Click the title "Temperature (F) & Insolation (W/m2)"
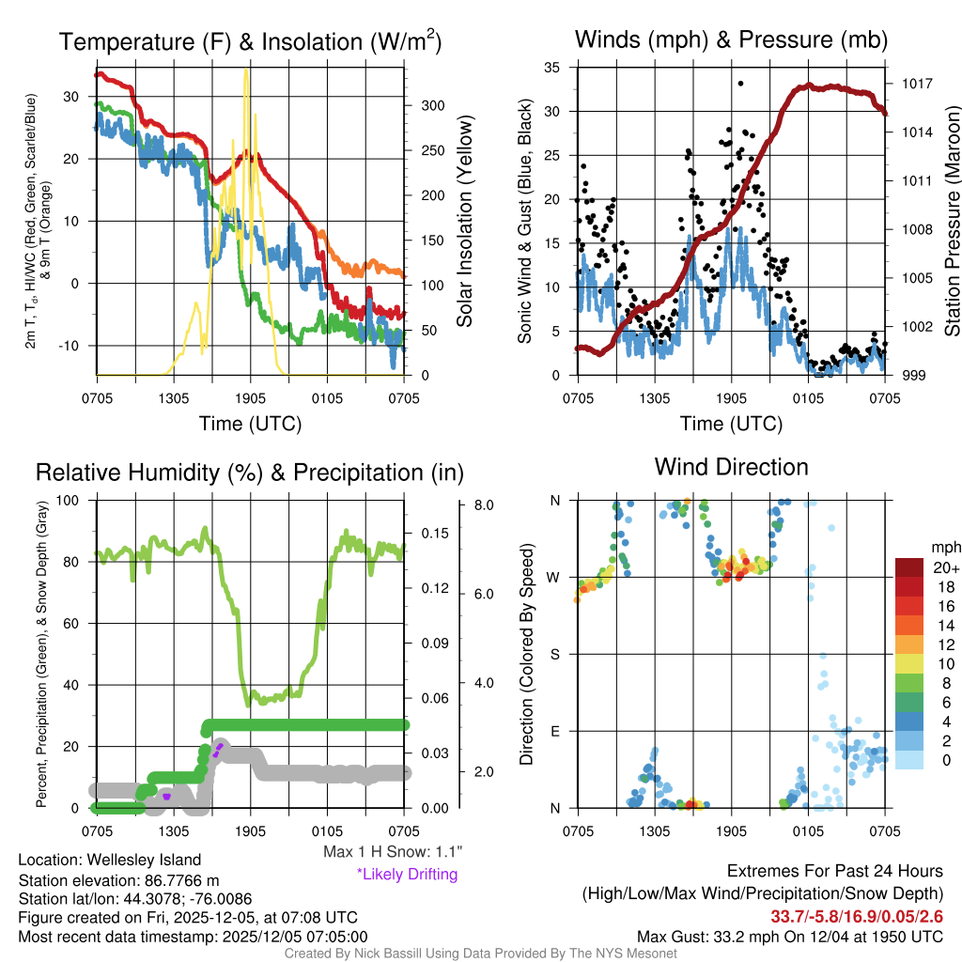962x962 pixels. click(x=250, y=42)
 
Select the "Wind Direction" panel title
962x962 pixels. click(x=731, y=467)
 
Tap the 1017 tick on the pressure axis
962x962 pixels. click(x=914, y=84)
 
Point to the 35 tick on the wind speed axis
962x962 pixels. click(x=551, y=67)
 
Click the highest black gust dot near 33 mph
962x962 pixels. click(x=740, y=83)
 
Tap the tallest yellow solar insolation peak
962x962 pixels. click(x=246, y=70)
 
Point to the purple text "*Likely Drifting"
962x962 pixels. click(x=407, y=874)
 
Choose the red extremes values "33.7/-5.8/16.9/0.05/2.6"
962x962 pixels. click(x=857, y=916)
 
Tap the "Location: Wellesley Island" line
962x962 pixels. click(x=110, y=860)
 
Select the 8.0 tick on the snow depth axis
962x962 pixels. click(x=485, y=505)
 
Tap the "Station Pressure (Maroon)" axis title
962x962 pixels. click(x=951, y=222)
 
